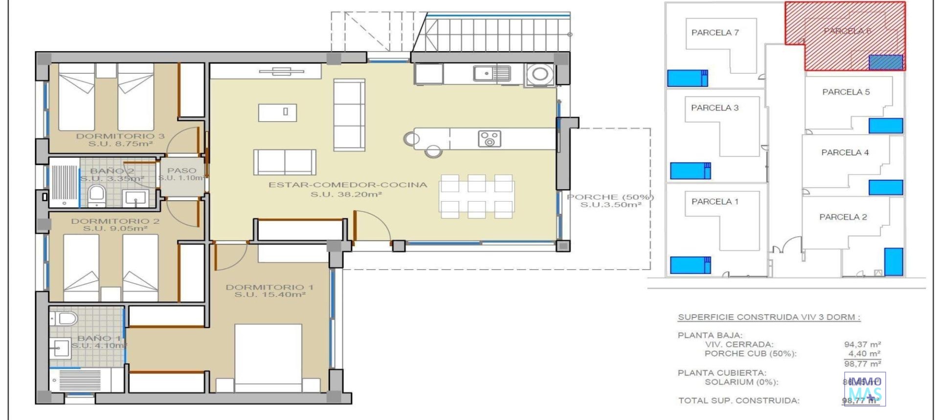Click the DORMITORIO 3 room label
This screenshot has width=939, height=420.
(120, 136)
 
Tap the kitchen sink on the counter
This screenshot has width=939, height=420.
(492, 74)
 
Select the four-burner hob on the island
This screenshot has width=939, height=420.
(489, 139)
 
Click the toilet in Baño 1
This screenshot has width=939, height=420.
(66, 319)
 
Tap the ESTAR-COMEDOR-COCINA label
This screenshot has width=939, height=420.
(347, 185)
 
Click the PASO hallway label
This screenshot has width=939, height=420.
(181, 170)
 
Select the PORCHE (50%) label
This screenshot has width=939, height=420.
(610, 197)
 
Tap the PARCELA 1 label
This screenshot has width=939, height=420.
(715, 201)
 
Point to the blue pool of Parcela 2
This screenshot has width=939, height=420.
(893, 262)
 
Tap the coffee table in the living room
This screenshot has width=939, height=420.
(277, 112)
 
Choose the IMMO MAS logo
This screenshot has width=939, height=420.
(865, 388)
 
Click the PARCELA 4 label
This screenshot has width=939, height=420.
(845, 152)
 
